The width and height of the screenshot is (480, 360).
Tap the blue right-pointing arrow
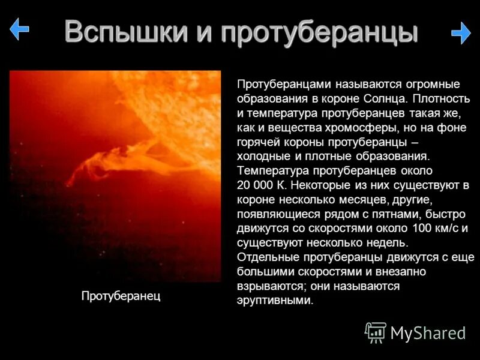pyautogui.click(x=460, y=33)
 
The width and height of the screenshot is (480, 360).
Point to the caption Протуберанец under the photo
pyautogui.click(x=121, y=296)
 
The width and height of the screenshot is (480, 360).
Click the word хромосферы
pyautogui.click(x=359, y=127)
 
